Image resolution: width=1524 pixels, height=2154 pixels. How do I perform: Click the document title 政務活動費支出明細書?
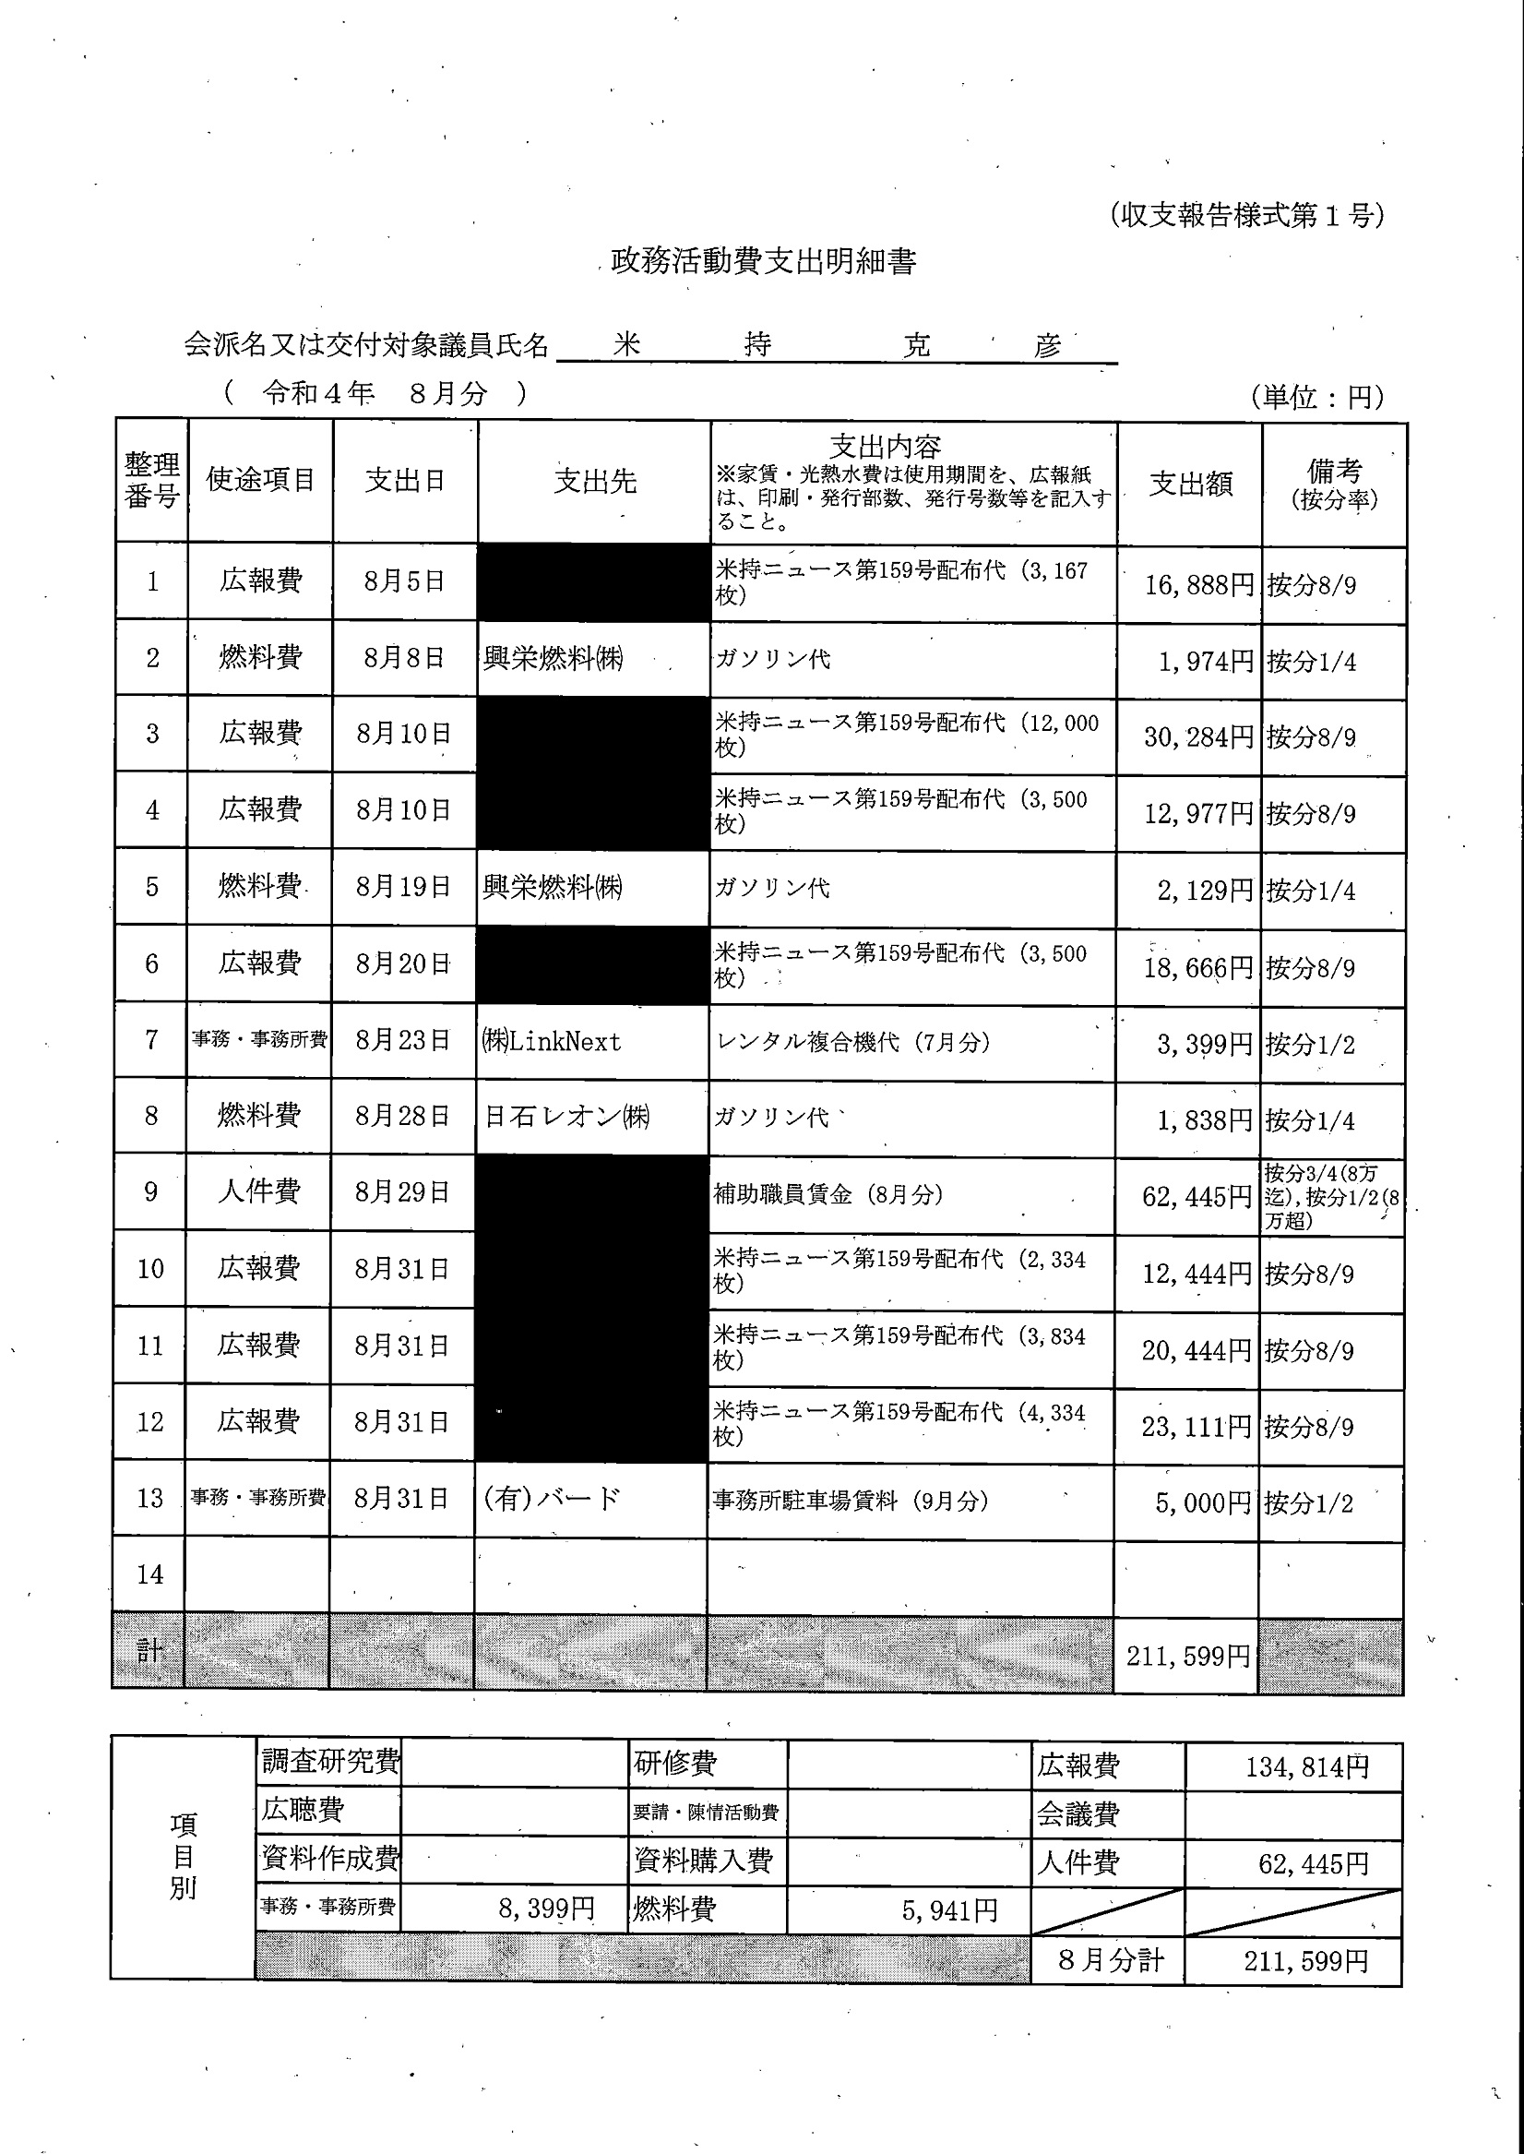click(x=763, y=261)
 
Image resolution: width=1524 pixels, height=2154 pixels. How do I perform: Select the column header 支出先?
click(x=595, y=482)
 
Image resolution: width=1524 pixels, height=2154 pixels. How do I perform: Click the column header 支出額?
click(x=1190, y=484)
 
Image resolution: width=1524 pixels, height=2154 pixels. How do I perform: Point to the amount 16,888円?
click(x=1198, y=586)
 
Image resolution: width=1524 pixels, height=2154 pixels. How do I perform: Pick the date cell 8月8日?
click(x=404, y=658)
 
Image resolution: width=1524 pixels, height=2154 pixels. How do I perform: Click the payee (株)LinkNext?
click(x=552, y=1041)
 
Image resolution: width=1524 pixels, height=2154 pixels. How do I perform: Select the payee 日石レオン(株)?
click(x=566, y=1117)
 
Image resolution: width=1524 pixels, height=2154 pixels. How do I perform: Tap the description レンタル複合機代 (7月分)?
click(x=852, y=1042)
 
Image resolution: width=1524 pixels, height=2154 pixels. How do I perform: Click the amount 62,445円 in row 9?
click(x=1197, y=1197)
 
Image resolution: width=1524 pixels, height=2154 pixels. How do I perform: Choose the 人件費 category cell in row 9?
click(x=259, y=1192)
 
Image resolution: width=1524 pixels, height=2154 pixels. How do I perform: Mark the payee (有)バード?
click(x=551, y=1499)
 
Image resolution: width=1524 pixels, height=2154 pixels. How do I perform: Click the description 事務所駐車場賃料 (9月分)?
click(x=850, y=1501)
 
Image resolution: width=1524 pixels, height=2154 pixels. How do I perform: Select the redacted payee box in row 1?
click(x=593, y=582)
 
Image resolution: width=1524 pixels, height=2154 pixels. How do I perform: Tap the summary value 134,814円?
click(x=1306, y=1768)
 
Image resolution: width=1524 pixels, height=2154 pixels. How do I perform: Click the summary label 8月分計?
click(x=1110, y=1959)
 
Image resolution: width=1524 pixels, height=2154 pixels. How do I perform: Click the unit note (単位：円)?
click(x=1316, y=397)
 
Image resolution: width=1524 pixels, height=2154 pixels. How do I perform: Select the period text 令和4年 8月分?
click(x=375, y=393)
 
